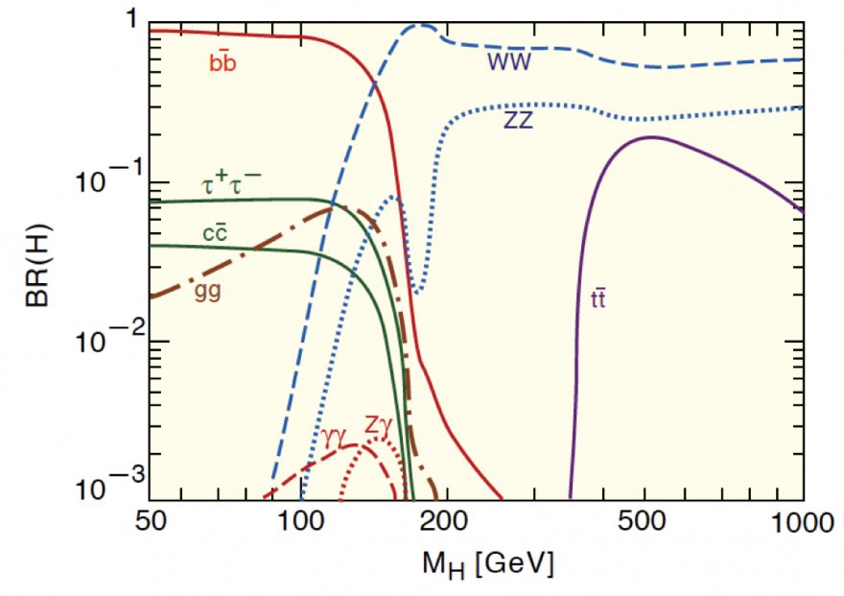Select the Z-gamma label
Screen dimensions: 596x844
pos(378,423)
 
